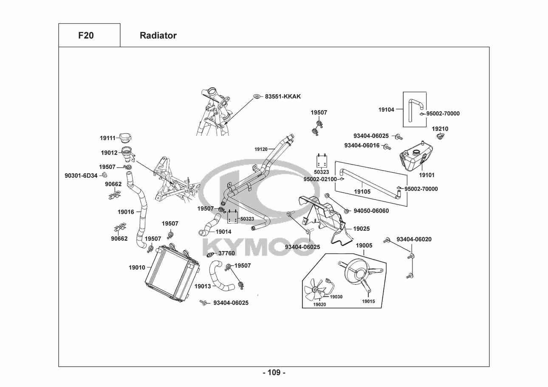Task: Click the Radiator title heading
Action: (x=158, y=36)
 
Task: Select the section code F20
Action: (x=86, y=36)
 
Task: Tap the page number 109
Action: (x=274, y=373)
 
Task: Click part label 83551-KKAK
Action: (x=282, y=97)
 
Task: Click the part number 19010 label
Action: (x=137, y=268)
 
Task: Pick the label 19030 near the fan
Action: (x=336, y=297)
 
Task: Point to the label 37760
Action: (x=226, y=253)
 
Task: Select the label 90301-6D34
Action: (x=81, y=175)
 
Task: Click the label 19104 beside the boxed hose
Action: (x=386, y=109)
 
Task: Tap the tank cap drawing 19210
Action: (x=440, y=137)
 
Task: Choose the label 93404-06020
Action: (x=414, y=239)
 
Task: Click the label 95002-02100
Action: (x=320, y=179)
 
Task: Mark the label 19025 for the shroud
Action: (x=361, y=229)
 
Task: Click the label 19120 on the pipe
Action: (x=261, y=149)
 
